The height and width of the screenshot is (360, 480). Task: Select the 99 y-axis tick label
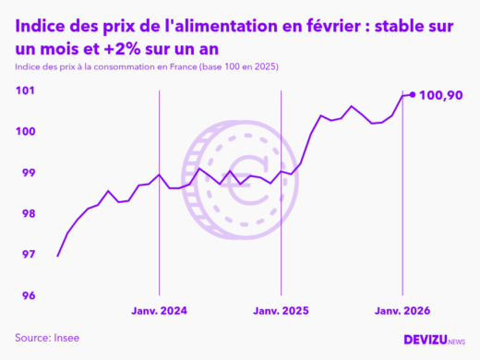click(x=28, y=173)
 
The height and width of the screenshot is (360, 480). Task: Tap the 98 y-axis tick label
click(x=28, y=214)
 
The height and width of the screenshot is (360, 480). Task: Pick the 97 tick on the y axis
click(x=28, y=255)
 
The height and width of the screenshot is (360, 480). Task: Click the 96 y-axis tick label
click(x=28, y=296)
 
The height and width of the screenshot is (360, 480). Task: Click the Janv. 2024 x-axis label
click(x=161, y=311)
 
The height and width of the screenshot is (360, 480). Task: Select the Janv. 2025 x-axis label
click(x=281, y=311)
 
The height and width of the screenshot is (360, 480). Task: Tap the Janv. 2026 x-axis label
click(x=402, y=311)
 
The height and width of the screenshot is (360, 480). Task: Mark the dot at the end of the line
click(x=413, y=94)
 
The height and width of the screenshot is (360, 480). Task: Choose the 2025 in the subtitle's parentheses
click(x=263, y=68)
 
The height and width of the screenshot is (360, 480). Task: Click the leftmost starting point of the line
click(x=58, y=256)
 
